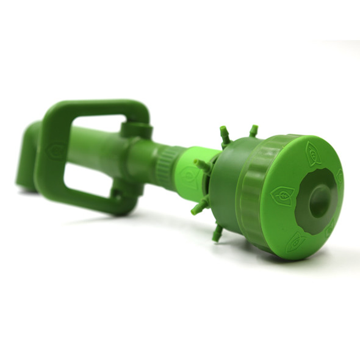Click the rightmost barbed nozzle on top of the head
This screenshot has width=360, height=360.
253,131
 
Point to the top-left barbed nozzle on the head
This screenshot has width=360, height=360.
225,135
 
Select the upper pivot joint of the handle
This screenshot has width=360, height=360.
135,129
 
